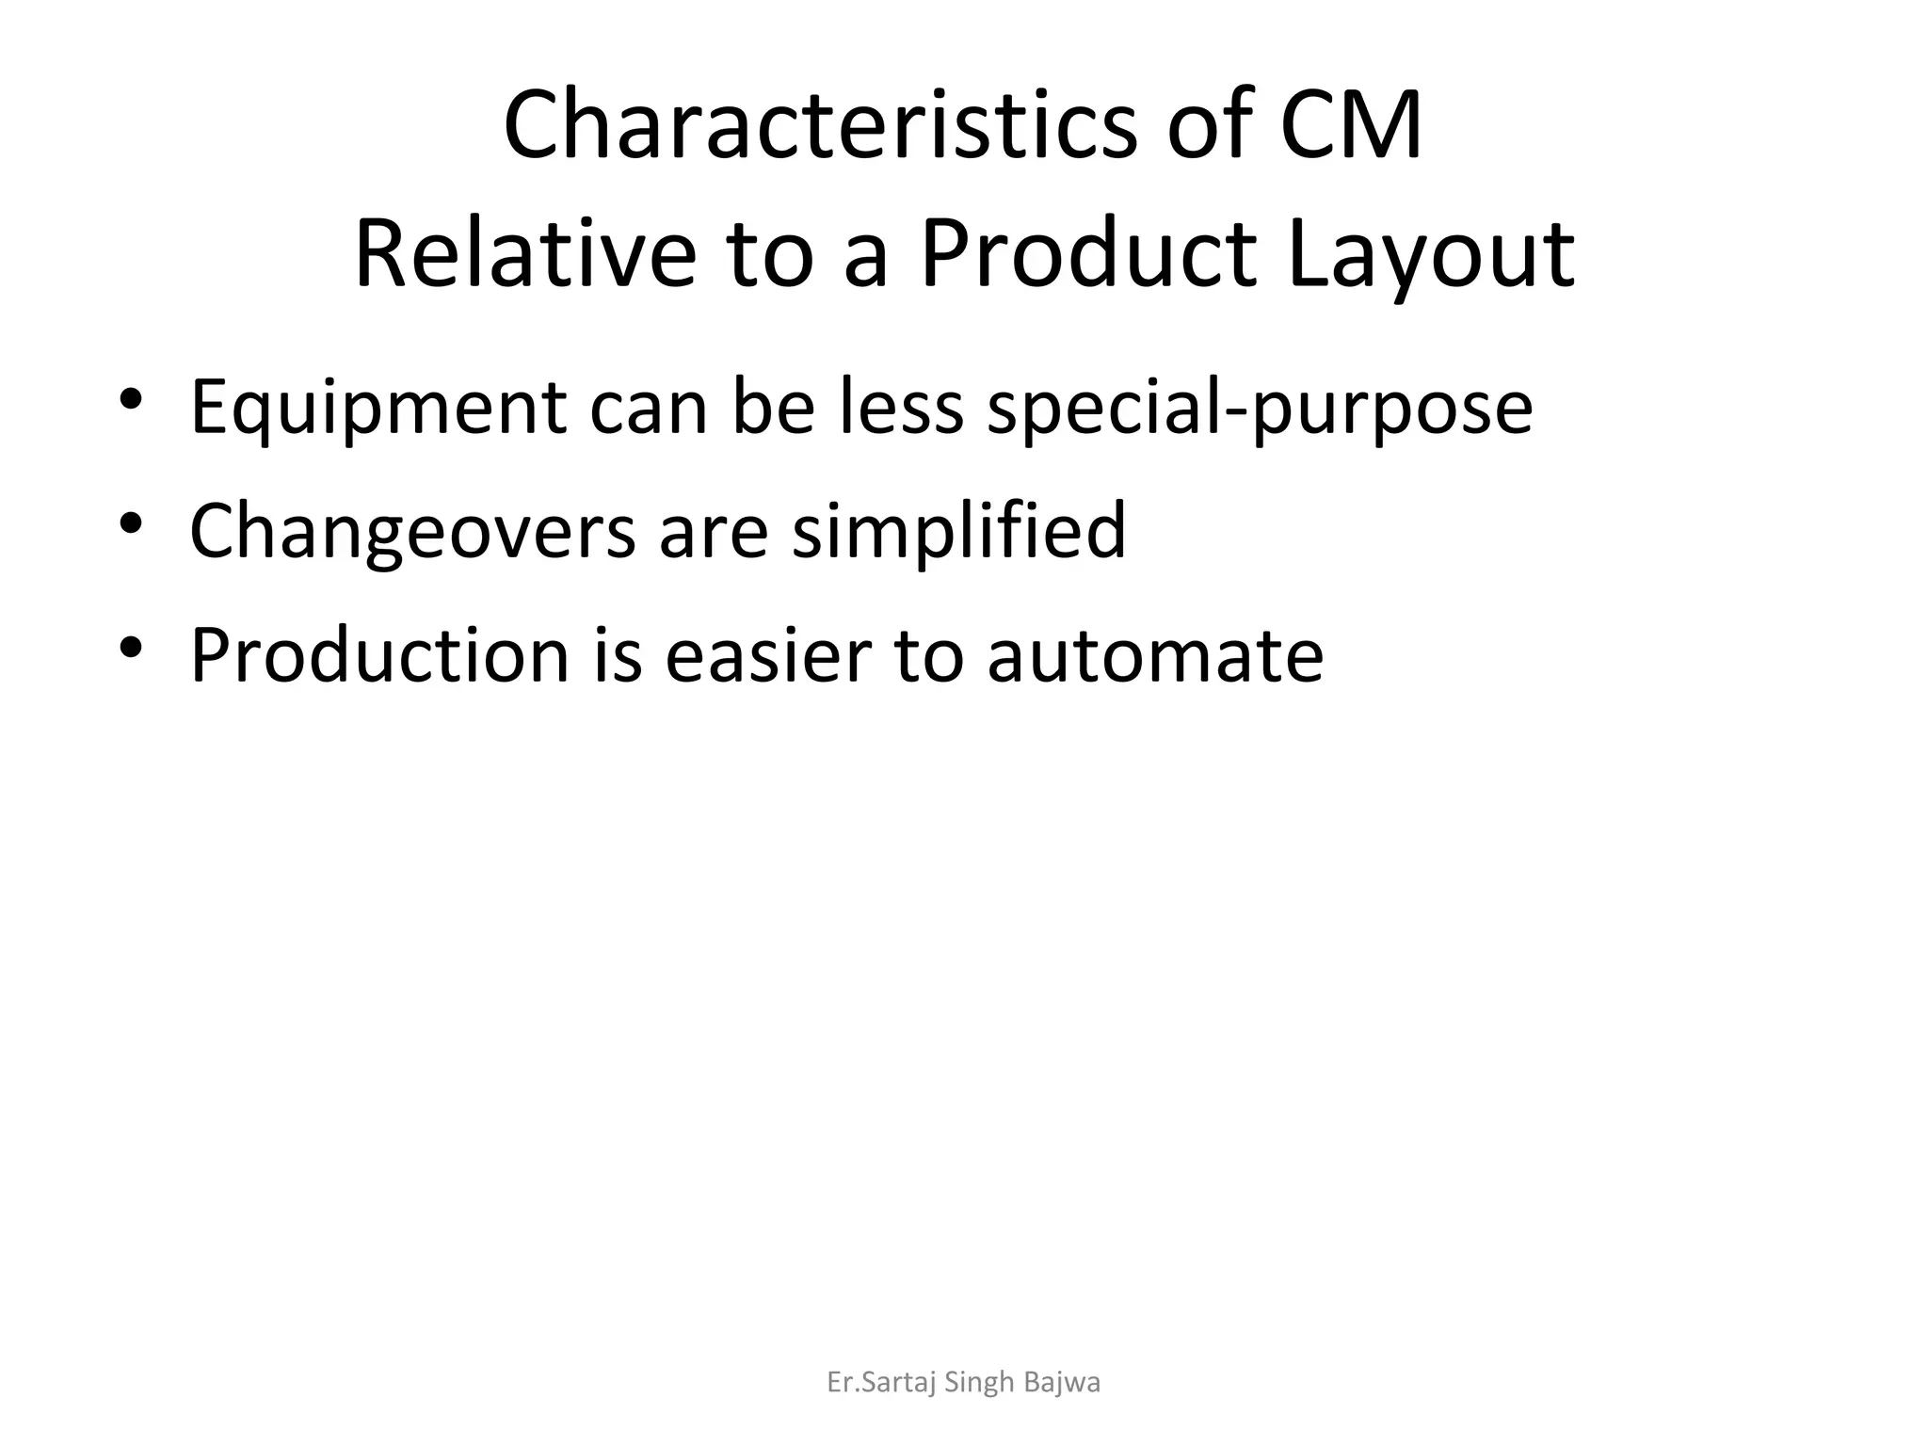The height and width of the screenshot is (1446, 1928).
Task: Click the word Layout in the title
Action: (x=1430, y=254)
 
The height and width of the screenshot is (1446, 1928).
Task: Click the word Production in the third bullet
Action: (x=379, y=655)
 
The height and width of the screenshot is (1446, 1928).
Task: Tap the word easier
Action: (x=768, y=655)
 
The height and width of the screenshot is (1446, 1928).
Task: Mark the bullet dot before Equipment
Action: (x=131, y=398)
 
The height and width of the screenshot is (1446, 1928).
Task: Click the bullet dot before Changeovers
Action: (x=131, y=522)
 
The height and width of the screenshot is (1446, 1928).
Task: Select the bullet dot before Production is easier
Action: (x=131, y=646)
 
